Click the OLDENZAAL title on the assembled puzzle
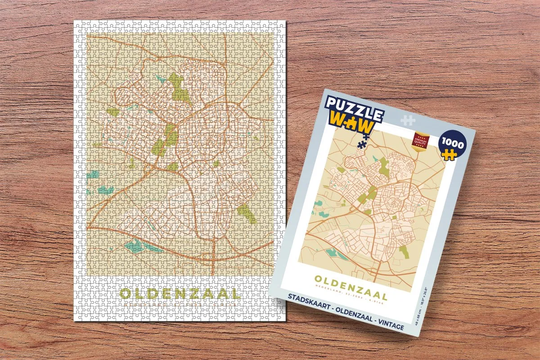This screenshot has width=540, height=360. point(180,294)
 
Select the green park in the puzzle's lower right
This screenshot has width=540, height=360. point(247,212)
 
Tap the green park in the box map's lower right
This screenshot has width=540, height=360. point(404,252)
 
